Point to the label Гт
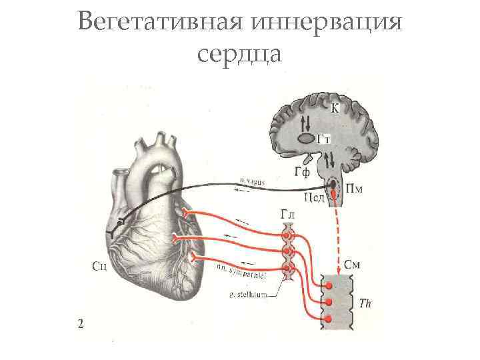coord(324,139)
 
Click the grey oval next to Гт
coord(306,139)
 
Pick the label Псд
coord(314,198)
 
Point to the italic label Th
coord(365,303)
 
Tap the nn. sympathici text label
coord(238,271)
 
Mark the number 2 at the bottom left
coord(81,325)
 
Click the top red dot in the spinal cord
coord(328,285)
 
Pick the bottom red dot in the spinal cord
coord(328,319)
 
